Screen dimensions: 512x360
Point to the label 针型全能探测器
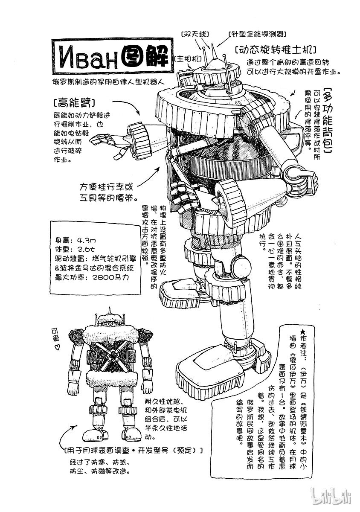point(256,34)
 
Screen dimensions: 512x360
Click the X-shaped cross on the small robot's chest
point(113,354)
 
